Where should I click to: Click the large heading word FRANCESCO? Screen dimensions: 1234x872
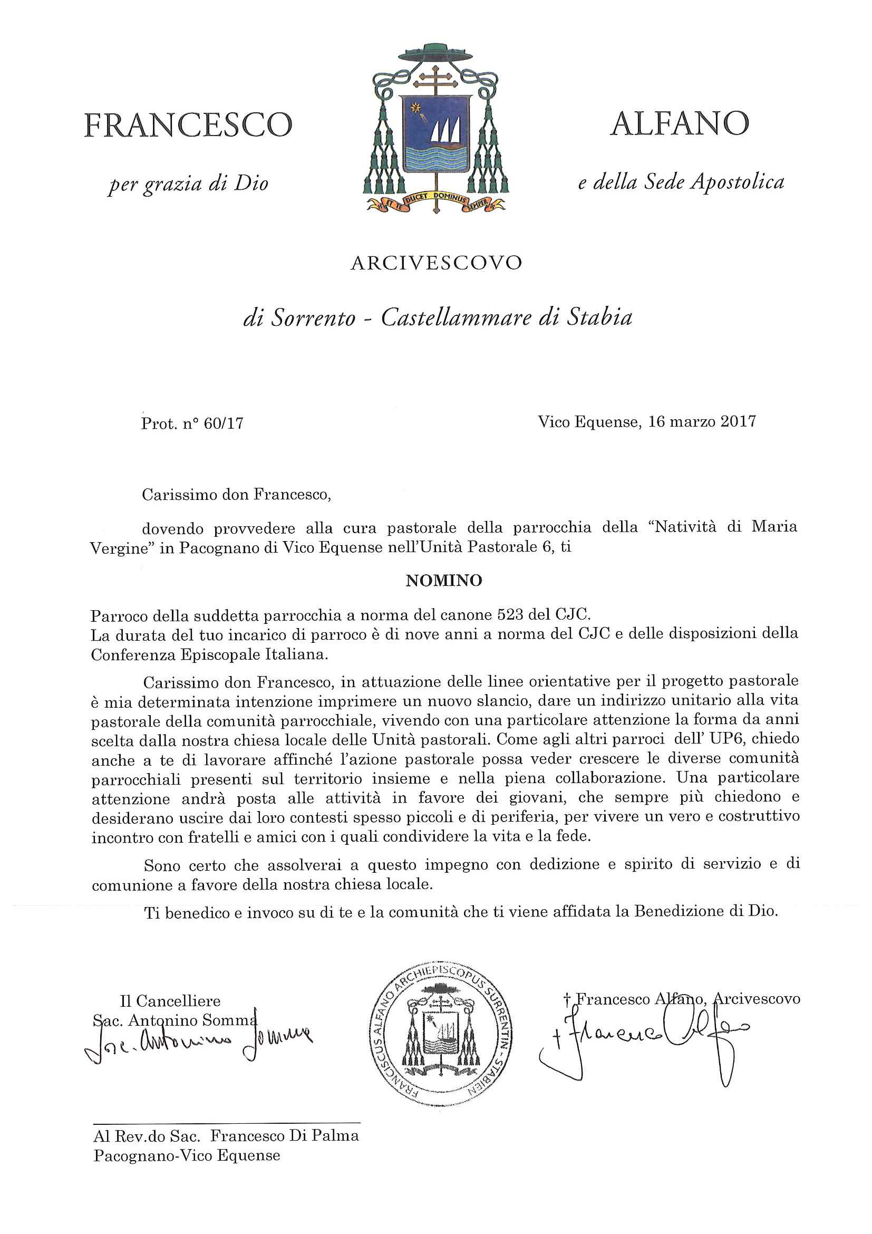(188, 125)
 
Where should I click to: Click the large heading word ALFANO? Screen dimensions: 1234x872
(680, 124)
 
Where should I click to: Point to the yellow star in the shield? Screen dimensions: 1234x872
(414, 108)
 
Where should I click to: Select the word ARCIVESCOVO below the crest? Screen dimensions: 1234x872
(435, 263)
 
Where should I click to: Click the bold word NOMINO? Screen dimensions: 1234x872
(444, 581)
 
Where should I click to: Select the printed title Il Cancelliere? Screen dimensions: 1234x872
(170, 1001)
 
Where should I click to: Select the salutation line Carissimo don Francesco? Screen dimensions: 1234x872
(236, 495)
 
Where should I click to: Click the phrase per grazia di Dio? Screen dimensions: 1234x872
(188, 185)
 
